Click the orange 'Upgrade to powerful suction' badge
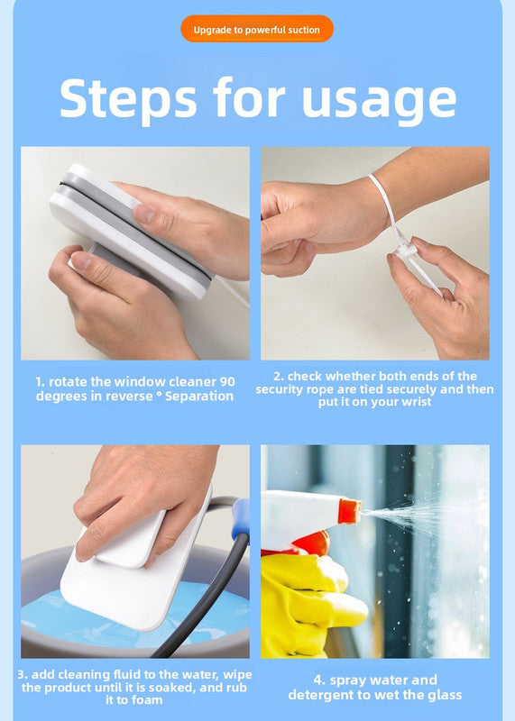pyautogui.click(x=257, y=29)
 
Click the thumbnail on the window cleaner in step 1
pyautogui.click(x=144, y=214)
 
